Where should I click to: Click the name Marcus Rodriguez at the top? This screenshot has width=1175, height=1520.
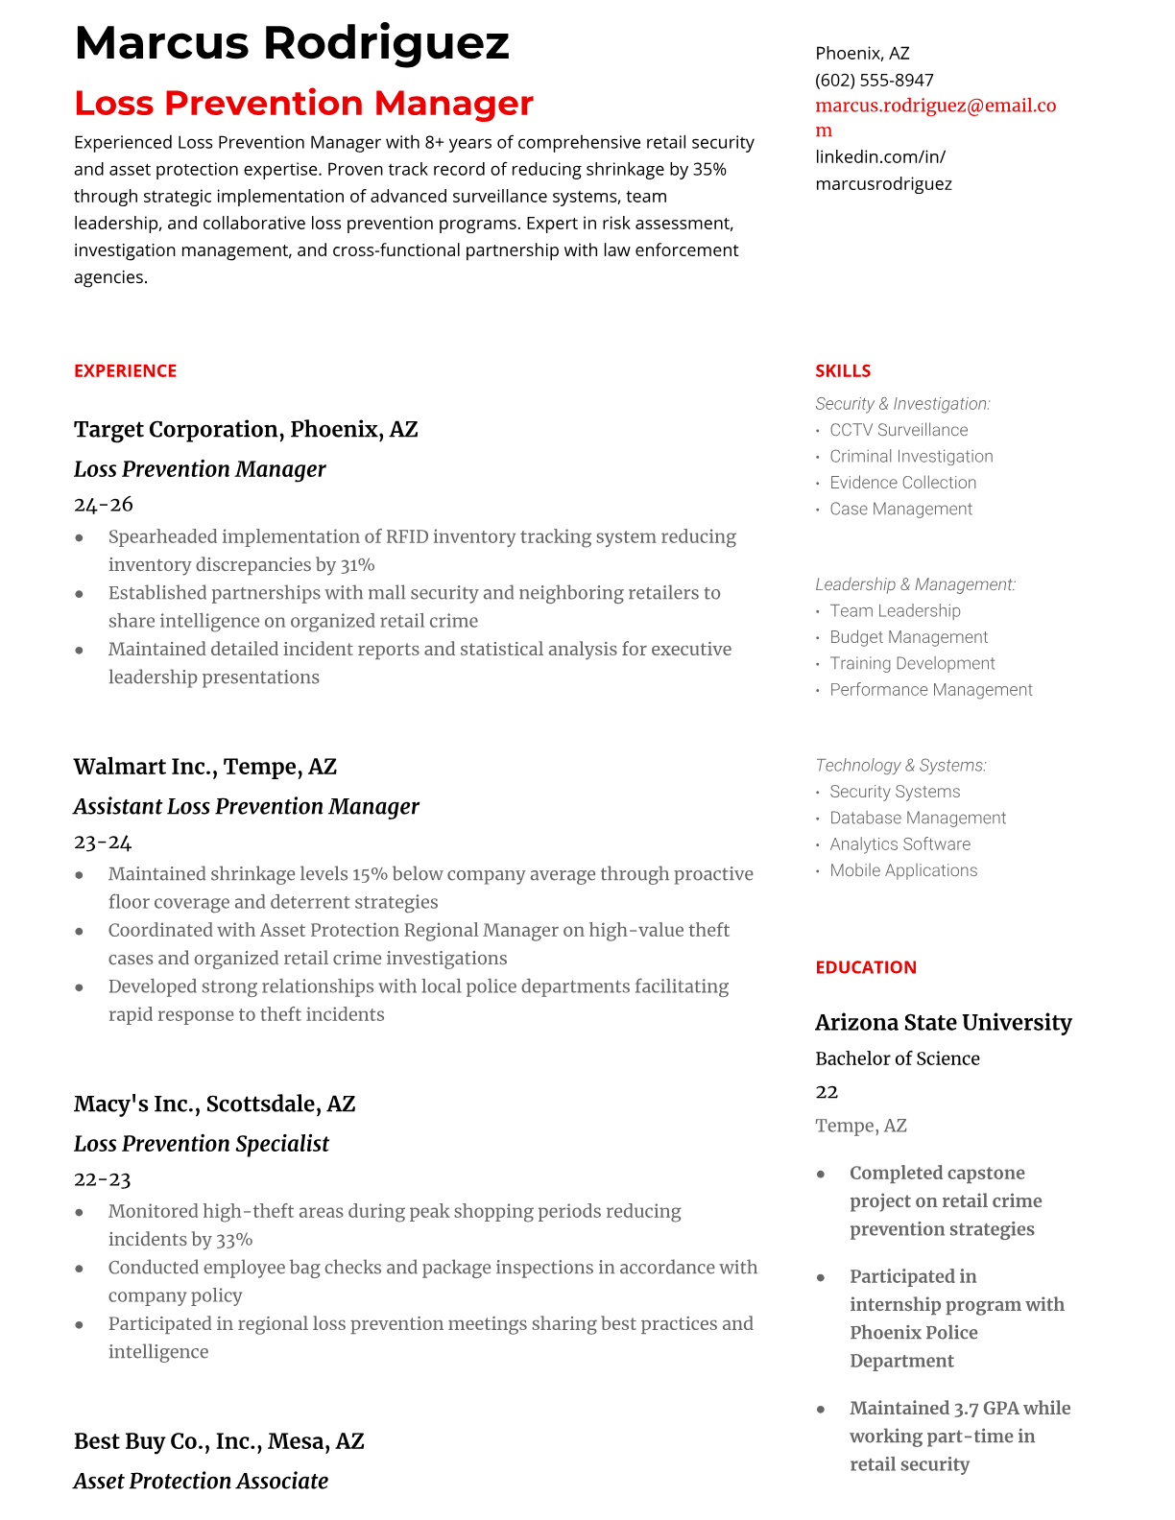[291, 43]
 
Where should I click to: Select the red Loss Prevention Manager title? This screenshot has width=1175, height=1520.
[303, 103]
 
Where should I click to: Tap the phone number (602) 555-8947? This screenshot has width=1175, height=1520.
[874, 80]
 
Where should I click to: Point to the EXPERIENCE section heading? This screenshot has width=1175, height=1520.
[125, 370]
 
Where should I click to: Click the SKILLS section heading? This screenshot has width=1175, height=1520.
[842, 370]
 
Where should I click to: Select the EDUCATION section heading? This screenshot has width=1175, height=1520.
[865, 967]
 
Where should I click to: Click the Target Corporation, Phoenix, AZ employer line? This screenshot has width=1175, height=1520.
[246, 429]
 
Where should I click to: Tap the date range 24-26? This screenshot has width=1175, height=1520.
[103, 504]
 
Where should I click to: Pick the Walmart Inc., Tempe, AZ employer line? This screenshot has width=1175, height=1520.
[204, 767]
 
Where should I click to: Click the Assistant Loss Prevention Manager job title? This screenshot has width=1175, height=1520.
[246, 806]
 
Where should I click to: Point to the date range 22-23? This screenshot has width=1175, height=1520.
[102, 1178]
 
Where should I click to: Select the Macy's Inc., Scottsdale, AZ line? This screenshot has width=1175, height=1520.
[214, 1104]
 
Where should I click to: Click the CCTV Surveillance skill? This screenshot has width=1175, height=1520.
[899, 430]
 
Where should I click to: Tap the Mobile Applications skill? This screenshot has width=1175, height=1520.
[903, 870]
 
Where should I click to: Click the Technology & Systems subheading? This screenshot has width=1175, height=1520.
[900, 765]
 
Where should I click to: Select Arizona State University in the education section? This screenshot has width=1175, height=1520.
[943, 1022]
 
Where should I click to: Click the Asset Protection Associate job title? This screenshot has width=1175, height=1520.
[201, 1481]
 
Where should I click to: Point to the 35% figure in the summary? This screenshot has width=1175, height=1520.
[709, 169]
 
